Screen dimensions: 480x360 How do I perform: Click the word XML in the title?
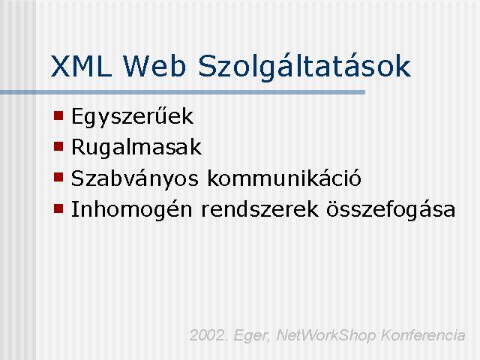coord(80,66)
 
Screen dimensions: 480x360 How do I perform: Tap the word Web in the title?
coord(154,66)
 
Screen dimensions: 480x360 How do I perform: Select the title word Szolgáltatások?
coord(304,67)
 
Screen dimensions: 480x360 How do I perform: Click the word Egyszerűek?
coord(132,116)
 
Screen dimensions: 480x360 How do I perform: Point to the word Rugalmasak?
coord(136,147)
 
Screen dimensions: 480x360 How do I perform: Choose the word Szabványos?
coord(135,178)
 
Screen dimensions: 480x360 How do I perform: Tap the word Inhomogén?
coord(132,210)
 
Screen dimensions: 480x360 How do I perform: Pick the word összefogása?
coord(391,210)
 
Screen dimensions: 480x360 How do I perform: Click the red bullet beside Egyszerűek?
coord(58,115)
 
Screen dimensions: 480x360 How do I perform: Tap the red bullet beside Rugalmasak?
coord(58,146)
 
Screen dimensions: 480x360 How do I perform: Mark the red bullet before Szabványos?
coord(58,177)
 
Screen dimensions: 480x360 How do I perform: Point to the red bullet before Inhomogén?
coord(58,208)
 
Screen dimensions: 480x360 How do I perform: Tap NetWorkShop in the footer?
coord(325,336)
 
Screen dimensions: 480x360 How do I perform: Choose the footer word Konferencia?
coord(423,335)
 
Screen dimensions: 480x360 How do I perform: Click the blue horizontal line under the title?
coord(182,92)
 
